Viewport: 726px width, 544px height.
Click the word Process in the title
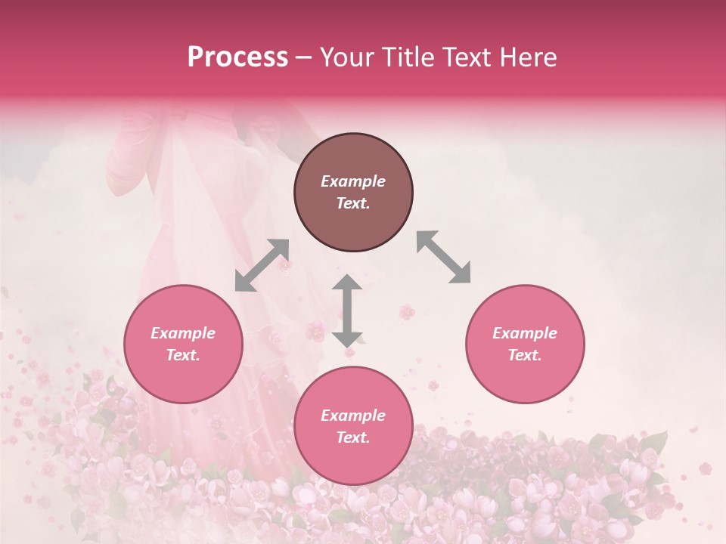(237, 57)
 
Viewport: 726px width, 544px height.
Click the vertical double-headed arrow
(347, 311)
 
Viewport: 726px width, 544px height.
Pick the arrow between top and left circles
(262, 265)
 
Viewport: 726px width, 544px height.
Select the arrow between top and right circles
(443, 257)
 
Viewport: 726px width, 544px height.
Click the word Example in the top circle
(353, 181)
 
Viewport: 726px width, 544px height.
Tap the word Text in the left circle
(183, 355)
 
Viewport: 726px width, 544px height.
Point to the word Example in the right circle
(525, 333)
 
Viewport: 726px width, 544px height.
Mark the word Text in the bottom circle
(353, 437)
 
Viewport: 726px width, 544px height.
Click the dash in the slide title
(304, 57)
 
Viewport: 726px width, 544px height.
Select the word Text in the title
(472, 57)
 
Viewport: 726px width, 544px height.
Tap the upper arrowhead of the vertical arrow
(347, 282)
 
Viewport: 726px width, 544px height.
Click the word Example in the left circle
(183, 333)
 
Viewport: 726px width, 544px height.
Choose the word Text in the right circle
(525, 355)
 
